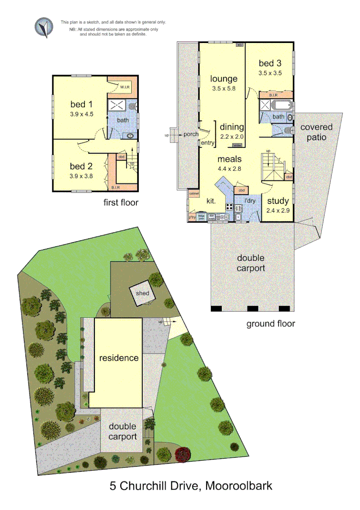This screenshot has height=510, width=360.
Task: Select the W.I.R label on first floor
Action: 125,87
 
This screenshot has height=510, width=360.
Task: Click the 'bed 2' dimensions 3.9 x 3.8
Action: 81,176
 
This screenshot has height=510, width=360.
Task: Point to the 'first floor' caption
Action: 121,203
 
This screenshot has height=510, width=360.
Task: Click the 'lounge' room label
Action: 224,79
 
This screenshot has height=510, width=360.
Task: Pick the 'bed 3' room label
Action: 270,63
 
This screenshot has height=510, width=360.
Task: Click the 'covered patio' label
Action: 316,132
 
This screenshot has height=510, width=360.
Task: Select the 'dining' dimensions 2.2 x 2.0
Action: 232,136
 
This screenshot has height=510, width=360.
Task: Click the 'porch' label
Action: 191,135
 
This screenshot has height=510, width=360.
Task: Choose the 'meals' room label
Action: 230,159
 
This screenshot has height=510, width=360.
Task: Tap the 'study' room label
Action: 278,201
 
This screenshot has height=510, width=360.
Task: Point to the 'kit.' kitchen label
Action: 211,201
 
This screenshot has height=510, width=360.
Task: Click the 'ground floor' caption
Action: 270,323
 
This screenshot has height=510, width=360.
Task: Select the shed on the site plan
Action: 142,293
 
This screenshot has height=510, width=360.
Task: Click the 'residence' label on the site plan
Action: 119,358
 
